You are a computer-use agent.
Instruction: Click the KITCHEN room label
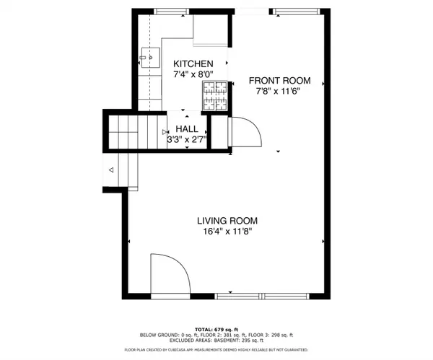tap(193, 63)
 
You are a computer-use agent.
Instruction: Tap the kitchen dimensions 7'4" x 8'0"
tap(193, 74)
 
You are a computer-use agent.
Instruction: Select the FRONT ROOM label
tap(276, 81)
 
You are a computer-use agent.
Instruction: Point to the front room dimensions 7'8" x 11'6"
tap(276, 92)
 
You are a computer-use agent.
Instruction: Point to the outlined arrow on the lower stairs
tap(111, 170)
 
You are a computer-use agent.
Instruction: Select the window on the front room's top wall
tap(292, 11)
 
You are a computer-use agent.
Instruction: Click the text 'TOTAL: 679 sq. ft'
tap(216, 328)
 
